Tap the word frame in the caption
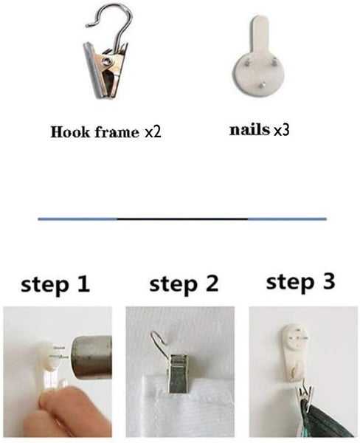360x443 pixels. pos(117,132)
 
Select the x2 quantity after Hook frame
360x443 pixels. pos(153,132)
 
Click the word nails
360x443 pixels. pos(249,130)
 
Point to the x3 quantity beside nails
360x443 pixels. pos(282,130)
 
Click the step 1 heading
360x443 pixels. pos(55,284)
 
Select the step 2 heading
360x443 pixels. pos(184,284)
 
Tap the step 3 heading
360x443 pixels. pos(301,282)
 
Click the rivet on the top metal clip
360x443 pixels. pos(107,61)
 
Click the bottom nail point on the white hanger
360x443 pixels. pos(263,84)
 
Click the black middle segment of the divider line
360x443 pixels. pos(182,219)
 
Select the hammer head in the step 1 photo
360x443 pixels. pos(92,357)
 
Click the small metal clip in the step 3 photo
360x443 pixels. pos(305,395)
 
